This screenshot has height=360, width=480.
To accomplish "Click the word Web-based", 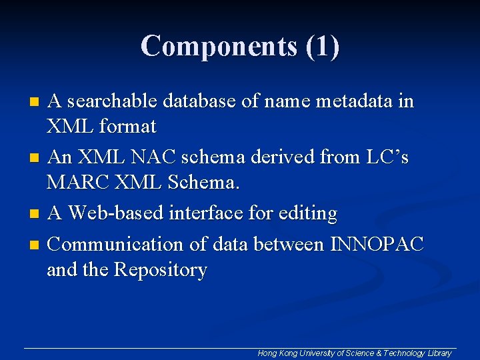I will pyautogui.click(x=118, y=213).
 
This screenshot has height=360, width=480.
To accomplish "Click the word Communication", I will pyautogui.click(x=117, y=244).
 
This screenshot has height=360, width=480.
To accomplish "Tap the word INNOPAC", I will pyautogui.click(x=377, y=244).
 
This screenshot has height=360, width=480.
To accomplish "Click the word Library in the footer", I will pyautogui.click(x=440, y=353).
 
